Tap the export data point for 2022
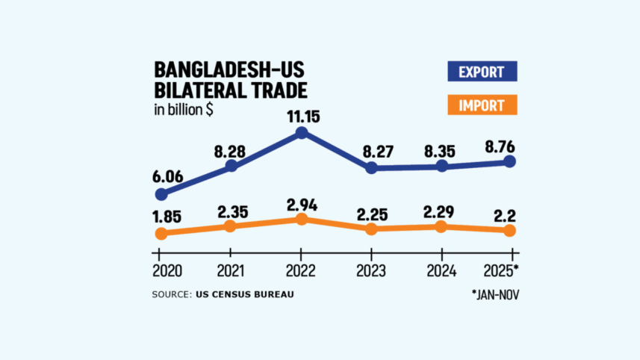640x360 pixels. [301, 133]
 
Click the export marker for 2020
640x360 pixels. [161, 194]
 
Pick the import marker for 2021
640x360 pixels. [231, 226]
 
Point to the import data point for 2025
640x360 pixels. [510, 231]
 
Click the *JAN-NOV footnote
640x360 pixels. [494, 294]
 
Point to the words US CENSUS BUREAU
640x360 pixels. [245, 294]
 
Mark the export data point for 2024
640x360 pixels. [442, 166]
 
